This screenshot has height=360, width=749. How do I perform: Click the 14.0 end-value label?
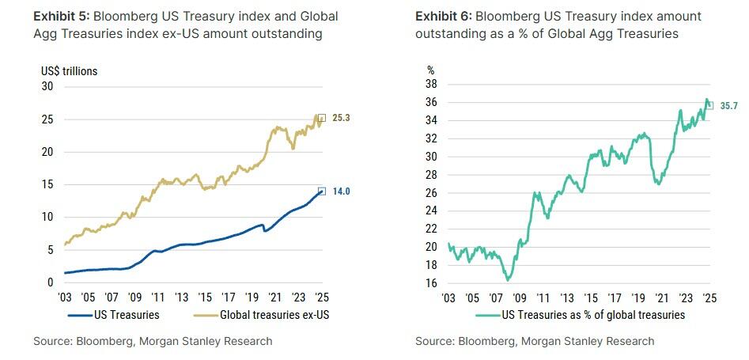click(342, 191)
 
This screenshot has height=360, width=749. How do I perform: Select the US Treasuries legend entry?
click(114, 315)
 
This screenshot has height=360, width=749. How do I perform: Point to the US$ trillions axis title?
click(70, 71)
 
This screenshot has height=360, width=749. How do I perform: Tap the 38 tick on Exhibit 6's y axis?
click(432, 85)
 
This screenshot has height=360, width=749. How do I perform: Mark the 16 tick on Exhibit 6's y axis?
click(432, 282)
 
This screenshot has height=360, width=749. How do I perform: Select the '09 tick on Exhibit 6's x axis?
click(520, 298)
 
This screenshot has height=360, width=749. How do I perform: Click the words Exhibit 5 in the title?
click(61, 17)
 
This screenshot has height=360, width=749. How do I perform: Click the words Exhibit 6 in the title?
click(443, 17)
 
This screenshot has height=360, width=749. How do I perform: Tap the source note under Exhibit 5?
click(153, 341)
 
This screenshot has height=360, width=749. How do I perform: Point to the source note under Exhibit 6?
click(535, 341)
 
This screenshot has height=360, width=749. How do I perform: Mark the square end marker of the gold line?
click(321, 118)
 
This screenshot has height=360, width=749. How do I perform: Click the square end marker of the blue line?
click(321, 191)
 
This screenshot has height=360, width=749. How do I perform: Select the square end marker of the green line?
click(709, 105)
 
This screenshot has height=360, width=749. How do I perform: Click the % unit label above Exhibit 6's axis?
click(431, 71)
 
